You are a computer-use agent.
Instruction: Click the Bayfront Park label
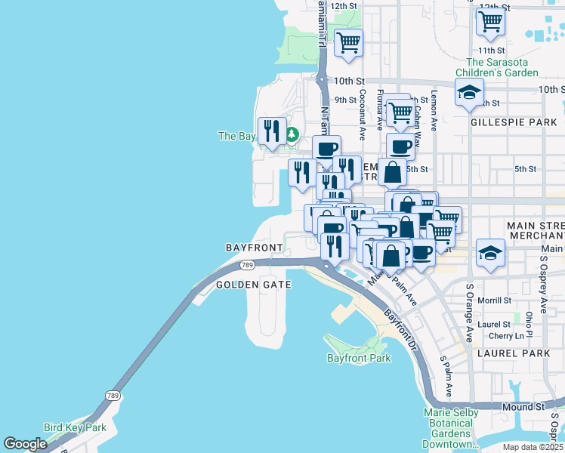359,358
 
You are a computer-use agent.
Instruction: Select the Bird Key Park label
75,427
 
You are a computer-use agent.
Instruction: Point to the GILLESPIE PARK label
502,122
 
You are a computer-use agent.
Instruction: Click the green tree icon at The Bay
292,136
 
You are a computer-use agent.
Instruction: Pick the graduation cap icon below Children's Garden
469,92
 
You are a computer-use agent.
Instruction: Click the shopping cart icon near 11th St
490,21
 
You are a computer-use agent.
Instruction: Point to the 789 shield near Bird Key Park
113,396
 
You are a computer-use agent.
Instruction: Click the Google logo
26,444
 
